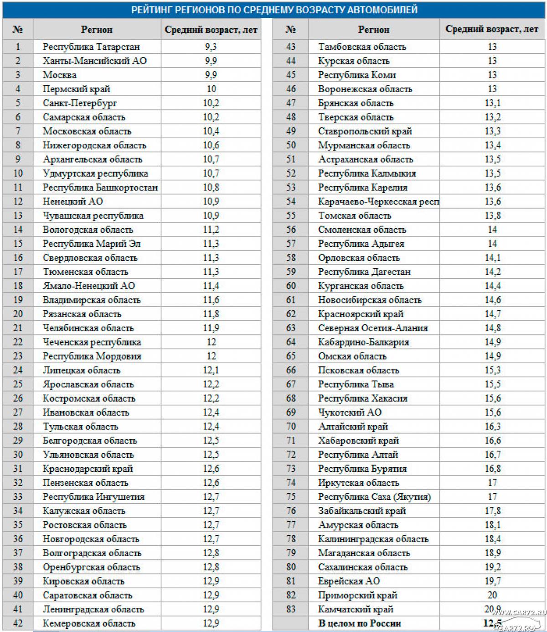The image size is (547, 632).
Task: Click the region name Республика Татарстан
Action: (x=91, y=47)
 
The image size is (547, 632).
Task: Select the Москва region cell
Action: (x=60, y=75)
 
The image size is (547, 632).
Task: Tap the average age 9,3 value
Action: (x=211, y=47)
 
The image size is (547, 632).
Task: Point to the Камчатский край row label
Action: (x=356, y=609)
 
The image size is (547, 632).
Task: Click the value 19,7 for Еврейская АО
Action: (x=492, y=581)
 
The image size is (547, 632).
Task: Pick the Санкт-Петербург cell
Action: (x=80, y=103)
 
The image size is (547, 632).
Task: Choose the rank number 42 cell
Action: (x=18, y=623)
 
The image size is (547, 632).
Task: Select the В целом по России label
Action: (x=360, y=623)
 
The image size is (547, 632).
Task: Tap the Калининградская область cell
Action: (x=373, y=539)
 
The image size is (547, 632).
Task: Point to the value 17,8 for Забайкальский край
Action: (x=492, y=511)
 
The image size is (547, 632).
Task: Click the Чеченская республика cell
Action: (x=92, y=342)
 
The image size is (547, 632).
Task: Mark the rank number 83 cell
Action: (x=291, y=609)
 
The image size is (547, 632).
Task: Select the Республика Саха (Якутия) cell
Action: (x=374, y=497)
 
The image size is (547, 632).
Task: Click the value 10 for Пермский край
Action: (x=211, y=89)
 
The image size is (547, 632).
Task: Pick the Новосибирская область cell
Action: (x=370, y=300)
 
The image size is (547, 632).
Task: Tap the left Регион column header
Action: (x=97, y=30)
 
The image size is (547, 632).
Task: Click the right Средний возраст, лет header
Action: (x=492, y=30)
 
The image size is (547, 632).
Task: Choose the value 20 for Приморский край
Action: (x=492, y=595)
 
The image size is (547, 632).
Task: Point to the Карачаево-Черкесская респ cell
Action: (x=378, y=202)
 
